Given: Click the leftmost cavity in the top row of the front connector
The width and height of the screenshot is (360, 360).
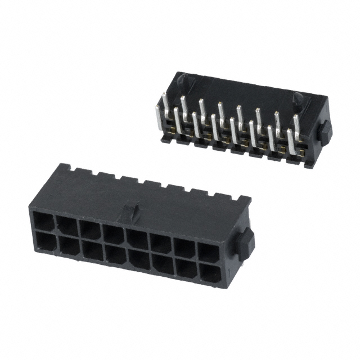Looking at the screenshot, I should (x=44, y=219).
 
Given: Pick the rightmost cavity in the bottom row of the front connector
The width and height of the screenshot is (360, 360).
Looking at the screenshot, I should (x=209, y=275).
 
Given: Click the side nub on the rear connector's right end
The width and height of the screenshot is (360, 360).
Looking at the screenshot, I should (x=325, y=132).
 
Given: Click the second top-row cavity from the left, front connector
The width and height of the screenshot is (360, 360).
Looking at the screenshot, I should (x=67, y=224).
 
